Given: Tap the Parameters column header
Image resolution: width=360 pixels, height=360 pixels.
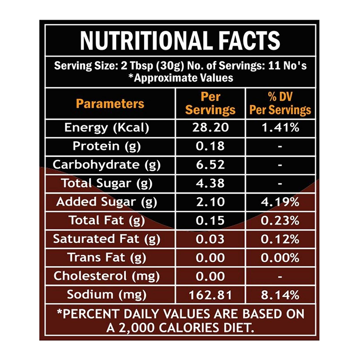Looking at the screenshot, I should click(110, 104).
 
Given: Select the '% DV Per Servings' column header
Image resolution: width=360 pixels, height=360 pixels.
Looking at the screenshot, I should click(280, 103).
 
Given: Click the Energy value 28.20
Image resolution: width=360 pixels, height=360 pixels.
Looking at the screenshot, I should click(211, 128).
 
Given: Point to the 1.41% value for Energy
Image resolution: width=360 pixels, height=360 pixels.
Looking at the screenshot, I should click(280, 128).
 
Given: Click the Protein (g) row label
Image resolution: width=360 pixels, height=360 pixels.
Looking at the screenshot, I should click(107, 146).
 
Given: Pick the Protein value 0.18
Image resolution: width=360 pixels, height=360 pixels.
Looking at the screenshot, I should click(211, 146).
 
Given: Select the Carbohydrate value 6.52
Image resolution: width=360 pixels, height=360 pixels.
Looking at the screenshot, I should click(211, 165).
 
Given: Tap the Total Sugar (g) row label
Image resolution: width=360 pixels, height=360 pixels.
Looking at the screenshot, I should click(107, 183).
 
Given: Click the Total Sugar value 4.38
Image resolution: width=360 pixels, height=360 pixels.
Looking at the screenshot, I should click(211, 183).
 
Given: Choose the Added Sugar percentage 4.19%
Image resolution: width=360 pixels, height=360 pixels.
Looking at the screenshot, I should click(280, 202).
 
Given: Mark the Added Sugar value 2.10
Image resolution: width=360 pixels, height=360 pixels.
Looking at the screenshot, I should click(211, 202).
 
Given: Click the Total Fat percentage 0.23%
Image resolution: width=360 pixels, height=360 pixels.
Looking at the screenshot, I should click(280, 220).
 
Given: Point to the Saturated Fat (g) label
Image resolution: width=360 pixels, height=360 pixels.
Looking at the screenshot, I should click(107, 239).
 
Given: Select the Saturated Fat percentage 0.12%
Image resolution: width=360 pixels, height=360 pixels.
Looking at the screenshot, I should click(280, 239).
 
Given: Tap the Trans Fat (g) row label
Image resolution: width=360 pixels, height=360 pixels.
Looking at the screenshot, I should click(107, 257).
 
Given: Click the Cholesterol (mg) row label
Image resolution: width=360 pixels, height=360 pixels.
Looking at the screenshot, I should click(107, 276).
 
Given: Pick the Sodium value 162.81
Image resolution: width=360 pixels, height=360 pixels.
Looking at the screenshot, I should click(211, 294).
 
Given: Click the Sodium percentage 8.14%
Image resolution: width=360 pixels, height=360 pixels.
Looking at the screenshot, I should click(280, 294).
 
